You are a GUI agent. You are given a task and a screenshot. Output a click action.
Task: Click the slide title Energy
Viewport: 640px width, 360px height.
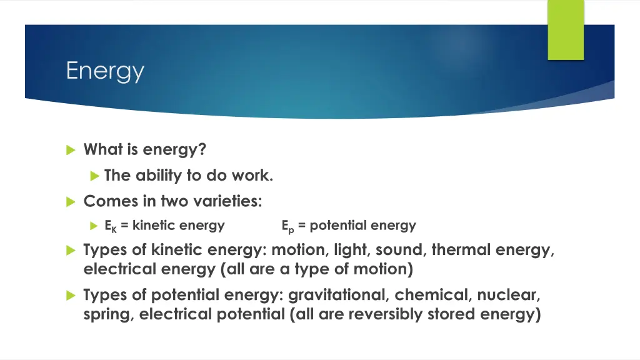coord(105,71)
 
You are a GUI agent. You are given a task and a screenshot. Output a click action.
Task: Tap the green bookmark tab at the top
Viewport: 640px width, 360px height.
coord(566,29)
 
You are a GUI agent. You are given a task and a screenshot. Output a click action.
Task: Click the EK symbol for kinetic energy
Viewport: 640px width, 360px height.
coord(111,226)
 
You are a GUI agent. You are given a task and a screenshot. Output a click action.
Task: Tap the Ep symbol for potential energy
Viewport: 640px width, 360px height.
coord(288,226)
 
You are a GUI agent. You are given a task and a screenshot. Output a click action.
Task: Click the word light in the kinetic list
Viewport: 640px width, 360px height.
coord(352,251)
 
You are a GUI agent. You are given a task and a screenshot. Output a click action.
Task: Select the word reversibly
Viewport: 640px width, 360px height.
coord(385,314)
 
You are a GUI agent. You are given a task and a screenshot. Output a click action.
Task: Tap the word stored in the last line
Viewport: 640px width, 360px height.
coord(451,314)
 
